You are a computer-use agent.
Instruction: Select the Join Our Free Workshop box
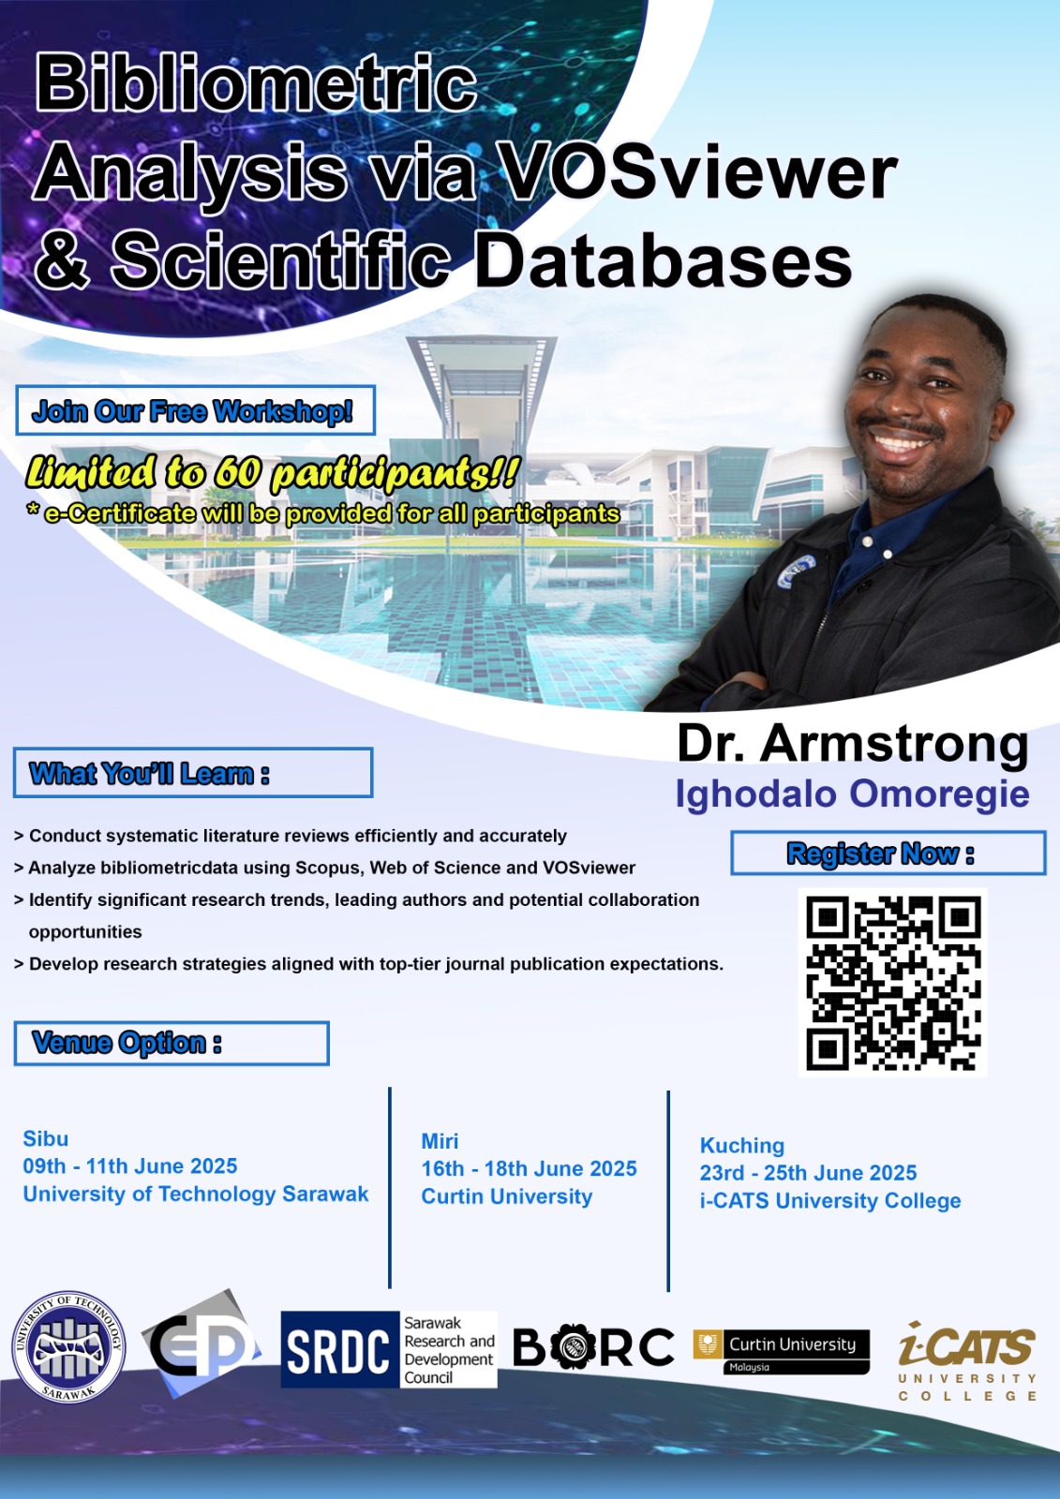[195, 410]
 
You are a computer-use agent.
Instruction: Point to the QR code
[892, 982]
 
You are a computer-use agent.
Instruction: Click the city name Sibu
[46, 1138]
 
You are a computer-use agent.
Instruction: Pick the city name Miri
[440, 1141]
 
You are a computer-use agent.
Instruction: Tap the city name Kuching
[742, 1147]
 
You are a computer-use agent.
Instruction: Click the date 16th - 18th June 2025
[529, 1168]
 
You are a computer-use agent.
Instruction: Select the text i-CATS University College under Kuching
[830, 1201]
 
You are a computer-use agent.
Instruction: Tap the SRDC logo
[389, 1349]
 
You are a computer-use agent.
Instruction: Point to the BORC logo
[594, 1347]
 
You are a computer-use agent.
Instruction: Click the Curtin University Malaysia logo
[782, 1353]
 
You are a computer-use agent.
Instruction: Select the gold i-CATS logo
[967, 1361]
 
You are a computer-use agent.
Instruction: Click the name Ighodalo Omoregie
[853, 794]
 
